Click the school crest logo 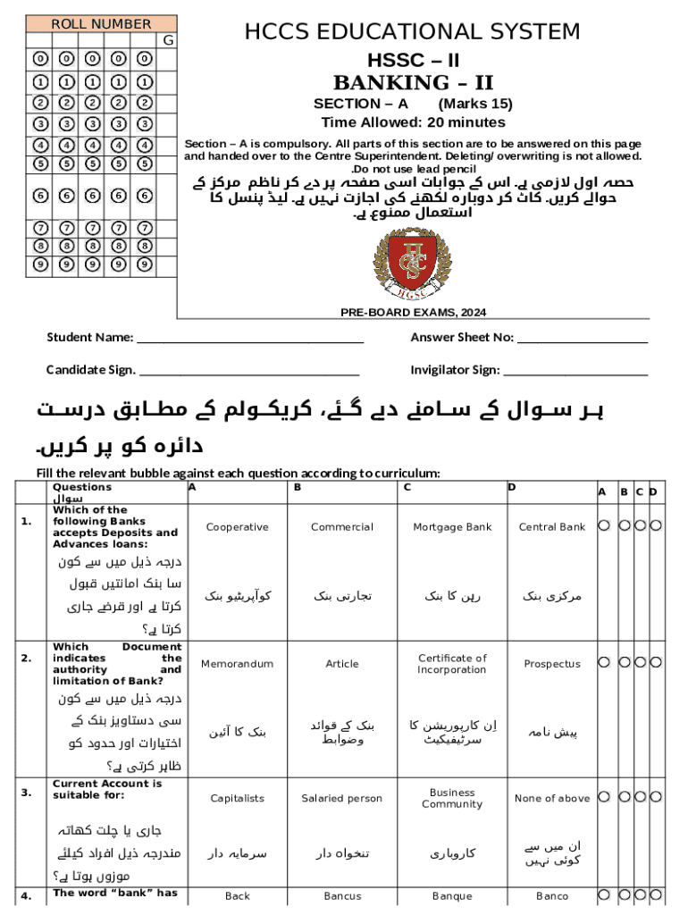412,263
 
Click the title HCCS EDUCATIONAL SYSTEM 412,33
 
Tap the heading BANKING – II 413,83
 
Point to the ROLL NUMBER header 101,24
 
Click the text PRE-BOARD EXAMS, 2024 413,313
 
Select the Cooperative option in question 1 237,527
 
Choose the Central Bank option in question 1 551,527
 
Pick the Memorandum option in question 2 237,664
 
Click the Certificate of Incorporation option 452,664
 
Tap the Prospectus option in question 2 551,664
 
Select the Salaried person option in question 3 341,799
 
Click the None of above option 551,799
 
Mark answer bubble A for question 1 604,526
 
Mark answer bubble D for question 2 656,662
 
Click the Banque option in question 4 452,896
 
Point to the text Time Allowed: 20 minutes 413,122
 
